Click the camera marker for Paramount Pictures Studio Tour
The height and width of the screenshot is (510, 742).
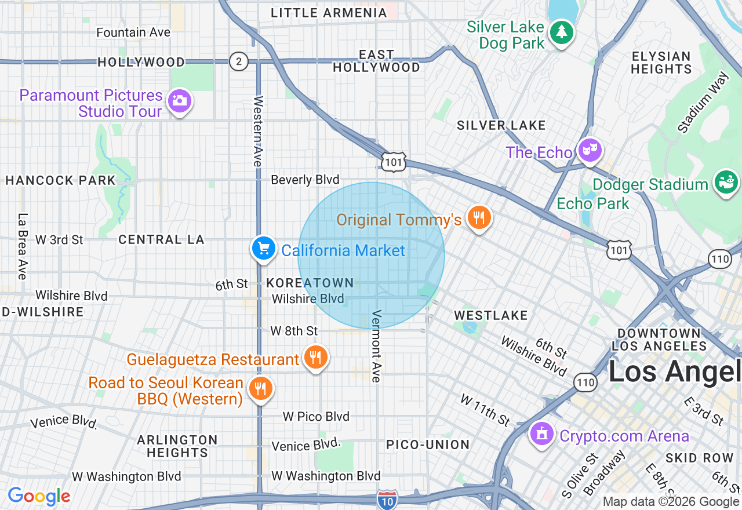(x=179, y=101)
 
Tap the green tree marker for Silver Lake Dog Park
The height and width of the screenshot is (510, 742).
(x=561, y=32)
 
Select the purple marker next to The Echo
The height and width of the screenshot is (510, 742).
(x=590, y=151)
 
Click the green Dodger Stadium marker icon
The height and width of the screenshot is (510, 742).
(x=726, y=183)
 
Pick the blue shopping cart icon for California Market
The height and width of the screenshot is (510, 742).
(x=264, y=249)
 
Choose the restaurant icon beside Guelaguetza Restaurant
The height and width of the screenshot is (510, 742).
(x=315, y=358)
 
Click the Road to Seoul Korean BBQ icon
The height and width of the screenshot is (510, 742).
(x=261, y=388)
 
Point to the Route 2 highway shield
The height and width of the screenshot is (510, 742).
(x=238, y=61)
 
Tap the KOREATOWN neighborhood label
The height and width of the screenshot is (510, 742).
(x=310, y=283)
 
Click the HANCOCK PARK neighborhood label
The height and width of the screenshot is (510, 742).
(x=61, y=181)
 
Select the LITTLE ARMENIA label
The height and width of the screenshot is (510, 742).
(x=329, y=13)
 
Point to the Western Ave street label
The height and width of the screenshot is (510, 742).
(x=258, y=132)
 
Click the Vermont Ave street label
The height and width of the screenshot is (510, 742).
(x=376, y=346)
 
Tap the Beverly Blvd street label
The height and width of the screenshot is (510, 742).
(x=305, y=180)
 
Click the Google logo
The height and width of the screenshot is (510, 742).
(x=39, y=496)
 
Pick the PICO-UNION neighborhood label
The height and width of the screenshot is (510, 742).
(x=428, y=445)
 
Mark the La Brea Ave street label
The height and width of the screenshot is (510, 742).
(x=23, y=246)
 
